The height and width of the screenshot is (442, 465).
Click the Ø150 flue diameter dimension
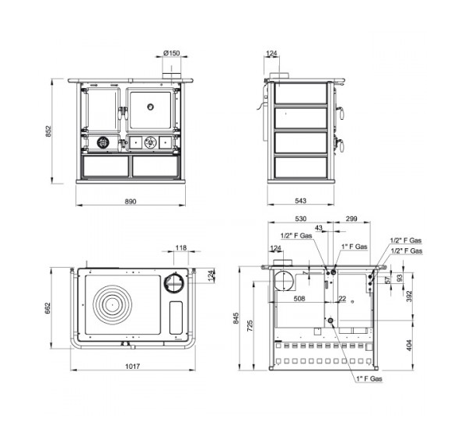172,53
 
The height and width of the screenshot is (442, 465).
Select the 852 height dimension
48,132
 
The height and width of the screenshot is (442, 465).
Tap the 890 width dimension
131,202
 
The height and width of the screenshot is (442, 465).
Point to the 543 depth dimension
300,201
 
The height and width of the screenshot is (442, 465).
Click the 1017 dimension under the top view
132,367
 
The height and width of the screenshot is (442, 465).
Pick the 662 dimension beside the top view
47,308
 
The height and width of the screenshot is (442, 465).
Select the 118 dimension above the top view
181,247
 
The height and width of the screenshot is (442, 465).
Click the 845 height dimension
236,318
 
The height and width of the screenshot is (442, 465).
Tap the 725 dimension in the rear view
250,325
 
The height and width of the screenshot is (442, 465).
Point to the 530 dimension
300,219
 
